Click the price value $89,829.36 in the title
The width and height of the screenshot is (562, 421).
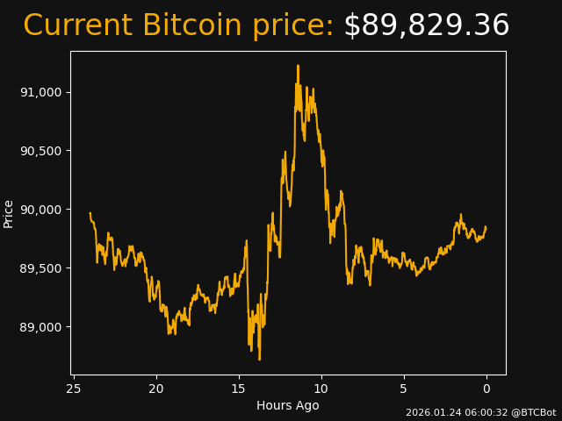(x=426, y=26)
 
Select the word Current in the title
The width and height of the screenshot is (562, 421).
(x=77, y=26)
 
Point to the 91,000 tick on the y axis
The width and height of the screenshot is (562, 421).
(x=42, y=92)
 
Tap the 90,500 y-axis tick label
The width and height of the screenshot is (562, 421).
(x=42, y=151)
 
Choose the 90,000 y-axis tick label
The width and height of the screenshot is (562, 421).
(x=42, y=210)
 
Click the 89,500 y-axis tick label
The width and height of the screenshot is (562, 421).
(x=42, y=268)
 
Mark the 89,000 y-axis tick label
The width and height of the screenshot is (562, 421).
(x=42, y=327)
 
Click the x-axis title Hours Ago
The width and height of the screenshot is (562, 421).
(x=288, y=405)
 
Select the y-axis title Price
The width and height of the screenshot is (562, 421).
(x=9, y=213)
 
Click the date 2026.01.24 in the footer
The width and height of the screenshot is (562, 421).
(x=430, y=412)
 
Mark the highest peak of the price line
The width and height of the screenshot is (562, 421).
(x=298, y=65)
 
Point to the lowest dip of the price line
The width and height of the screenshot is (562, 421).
(x=259, y=359)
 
